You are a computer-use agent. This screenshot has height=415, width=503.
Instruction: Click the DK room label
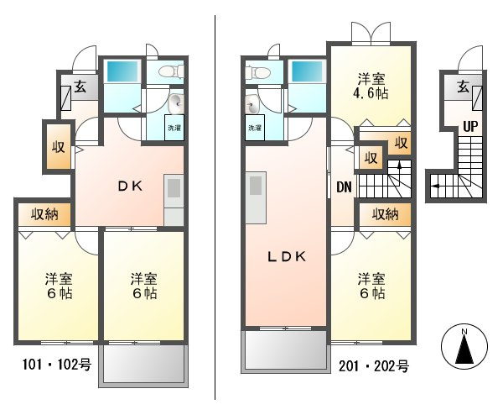click(130, 186)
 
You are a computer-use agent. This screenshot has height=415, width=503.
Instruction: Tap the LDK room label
click(287, 256)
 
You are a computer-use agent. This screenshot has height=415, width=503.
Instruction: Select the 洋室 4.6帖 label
click(371, 86)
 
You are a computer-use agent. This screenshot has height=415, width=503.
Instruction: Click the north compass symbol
click(464, 346)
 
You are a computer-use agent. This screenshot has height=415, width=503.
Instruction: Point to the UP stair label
click(470, 127)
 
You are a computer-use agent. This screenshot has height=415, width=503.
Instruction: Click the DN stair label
click(344, 186)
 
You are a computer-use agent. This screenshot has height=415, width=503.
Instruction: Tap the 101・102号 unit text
click(57, 365)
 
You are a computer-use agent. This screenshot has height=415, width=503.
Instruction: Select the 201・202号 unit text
click(374, 365)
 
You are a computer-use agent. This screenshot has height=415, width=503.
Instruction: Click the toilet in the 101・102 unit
click(171, 71)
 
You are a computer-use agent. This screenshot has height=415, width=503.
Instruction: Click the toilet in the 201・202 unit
click(257, 72)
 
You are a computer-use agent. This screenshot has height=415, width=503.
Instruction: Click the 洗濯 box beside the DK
click(174, 128)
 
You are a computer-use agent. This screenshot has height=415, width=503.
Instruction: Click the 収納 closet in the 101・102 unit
click(44, 214)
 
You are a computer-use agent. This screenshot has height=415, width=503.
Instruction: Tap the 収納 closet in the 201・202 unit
click(385, 214)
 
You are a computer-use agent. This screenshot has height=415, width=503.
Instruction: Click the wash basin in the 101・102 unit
click(175, 103)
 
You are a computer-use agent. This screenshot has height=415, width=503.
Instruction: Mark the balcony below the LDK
click(286, 351)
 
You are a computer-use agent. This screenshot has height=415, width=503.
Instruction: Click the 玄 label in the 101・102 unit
click(80, 87)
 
